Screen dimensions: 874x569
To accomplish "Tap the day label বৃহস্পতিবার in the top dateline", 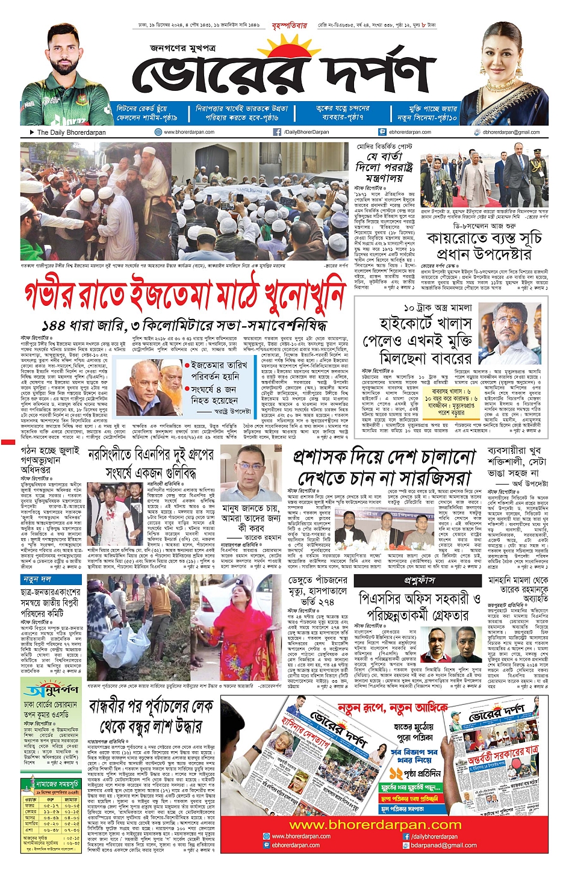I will point(290,26).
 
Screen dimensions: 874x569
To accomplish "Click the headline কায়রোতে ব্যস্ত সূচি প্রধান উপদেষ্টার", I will point(485,246).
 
